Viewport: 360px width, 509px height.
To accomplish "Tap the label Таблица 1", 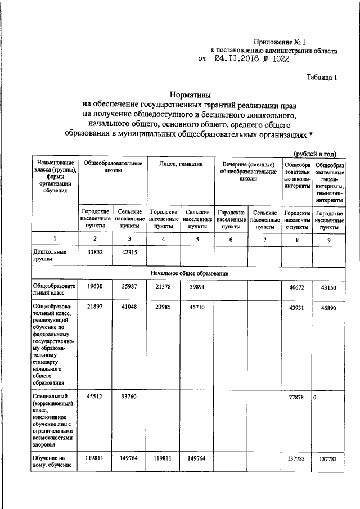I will (x=322, y=78).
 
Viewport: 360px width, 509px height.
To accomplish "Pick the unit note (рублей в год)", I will (x=315, y=153).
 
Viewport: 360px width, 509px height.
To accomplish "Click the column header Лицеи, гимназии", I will (x=180, y=164).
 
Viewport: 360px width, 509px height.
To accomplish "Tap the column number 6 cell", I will (x=231, y=240).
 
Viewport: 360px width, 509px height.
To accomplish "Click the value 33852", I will (x=94, y=253).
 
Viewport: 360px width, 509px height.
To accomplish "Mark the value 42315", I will (x=129, y=253).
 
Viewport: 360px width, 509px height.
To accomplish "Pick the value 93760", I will (x=129, y=398).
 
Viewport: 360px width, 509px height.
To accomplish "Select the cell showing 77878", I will (x=295, y=398).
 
